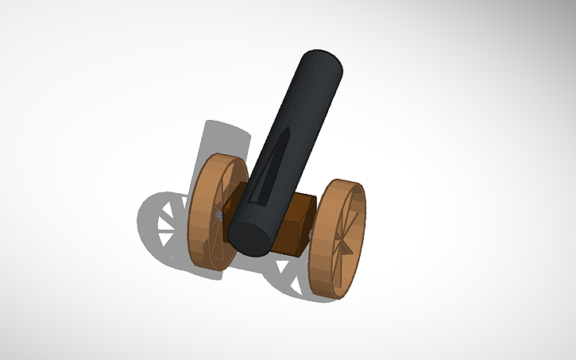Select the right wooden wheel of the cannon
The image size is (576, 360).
(x=337, y=238)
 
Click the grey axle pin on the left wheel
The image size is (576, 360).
(x=218, y=215)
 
